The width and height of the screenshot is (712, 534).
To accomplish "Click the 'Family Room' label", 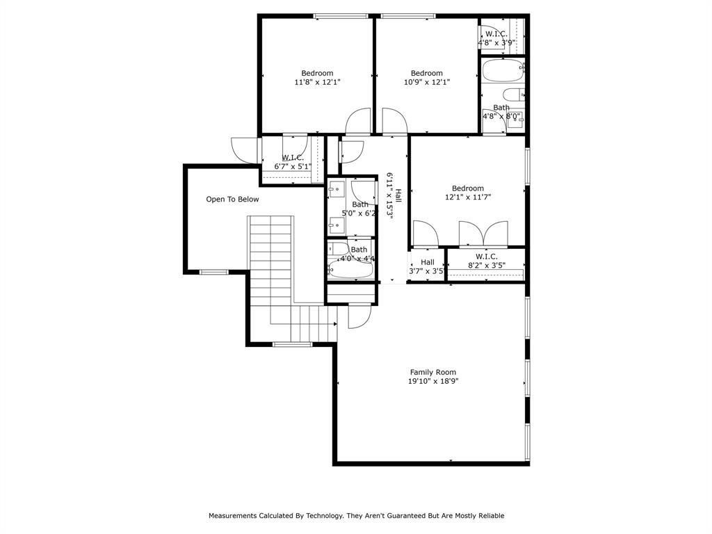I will pyautogui.click(x=432, y=372).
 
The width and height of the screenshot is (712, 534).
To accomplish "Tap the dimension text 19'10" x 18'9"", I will pyautogui.click(x=432, y=381).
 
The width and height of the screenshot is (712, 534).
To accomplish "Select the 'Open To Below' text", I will pyautogui.click(x=232, y=200).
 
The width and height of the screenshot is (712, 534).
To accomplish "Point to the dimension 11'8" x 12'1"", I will pyautogui.click(x=317, y=82).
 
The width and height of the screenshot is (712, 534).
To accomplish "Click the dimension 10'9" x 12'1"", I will pyautogui.click(x=426, y=82).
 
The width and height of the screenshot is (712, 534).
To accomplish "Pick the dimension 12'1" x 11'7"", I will pyautogui.click(x=467, y=197).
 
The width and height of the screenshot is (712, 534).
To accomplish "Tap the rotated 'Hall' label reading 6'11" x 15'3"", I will pyautogui.click(x=394, y=196).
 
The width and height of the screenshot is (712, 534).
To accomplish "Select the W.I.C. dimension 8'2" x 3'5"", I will pyautogui.click(x=486, y=265).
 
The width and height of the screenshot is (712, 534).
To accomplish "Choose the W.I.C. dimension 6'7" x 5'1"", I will pyautogui.click(x=293, y=166).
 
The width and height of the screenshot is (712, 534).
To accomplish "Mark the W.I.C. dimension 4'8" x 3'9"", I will pyautogui.click(x=496, y=42).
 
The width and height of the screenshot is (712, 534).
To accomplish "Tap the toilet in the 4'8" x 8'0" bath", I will pyautogui.click(x=513, y=96).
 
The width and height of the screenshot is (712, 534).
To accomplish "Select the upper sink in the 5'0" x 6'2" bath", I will pyautogui.click(x=336, y=188).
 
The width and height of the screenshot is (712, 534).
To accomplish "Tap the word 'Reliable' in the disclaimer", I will pyautogui.click(x=489, y=516).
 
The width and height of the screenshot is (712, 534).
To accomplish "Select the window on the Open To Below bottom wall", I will pyautogui.click(x=214, y=272).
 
